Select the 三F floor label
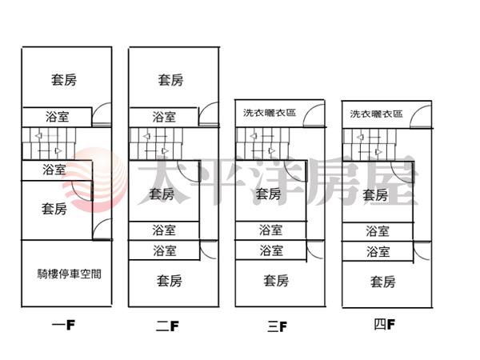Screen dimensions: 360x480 point(277,326)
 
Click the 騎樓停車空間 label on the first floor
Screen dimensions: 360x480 point(69,274)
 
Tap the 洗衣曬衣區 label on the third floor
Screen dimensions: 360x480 point(270,113)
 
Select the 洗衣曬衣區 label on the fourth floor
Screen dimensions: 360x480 point(376,114)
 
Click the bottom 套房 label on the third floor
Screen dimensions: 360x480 point(276,281)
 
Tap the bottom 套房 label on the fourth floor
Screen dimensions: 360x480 point(382,282)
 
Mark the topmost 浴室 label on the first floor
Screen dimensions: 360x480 point(58,117)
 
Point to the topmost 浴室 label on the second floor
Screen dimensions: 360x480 point(164,117)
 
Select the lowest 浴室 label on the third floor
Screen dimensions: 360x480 point(270,250)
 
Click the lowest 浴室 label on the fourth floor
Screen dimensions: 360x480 point(378,251)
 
